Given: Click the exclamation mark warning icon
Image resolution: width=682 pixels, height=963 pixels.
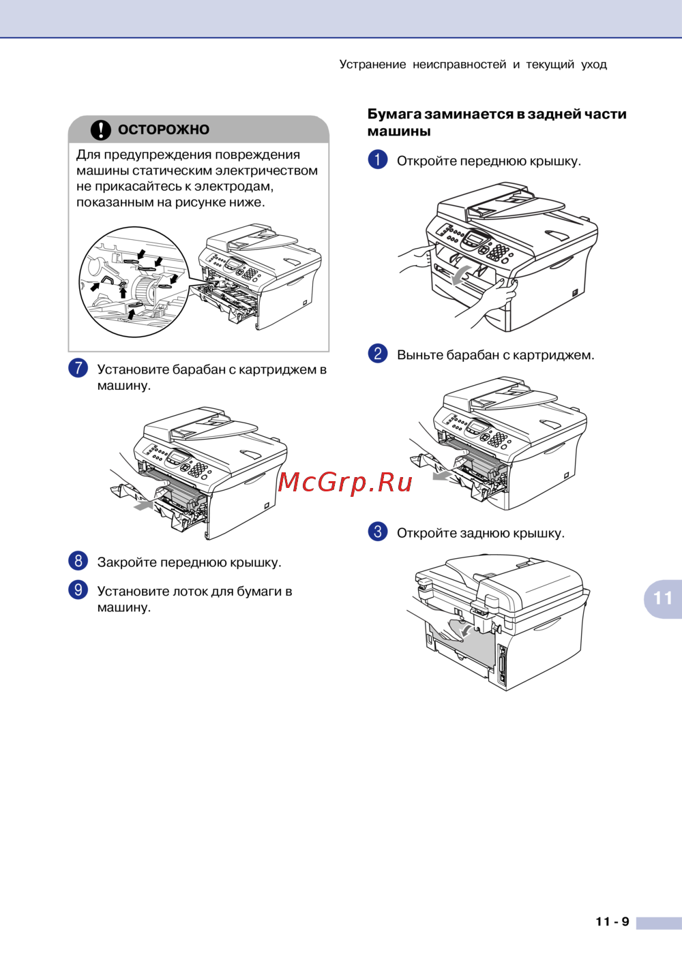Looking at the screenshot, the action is pyautogui.click(x=101, y=129).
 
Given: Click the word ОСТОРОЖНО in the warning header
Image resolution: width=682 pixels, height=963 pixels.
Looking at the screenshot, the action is pyautogui.click(x=164, y=129).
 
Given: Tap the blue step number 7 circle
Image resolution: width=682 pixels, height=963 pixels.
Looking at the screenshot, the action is pyautogui.click(x=78, y=369).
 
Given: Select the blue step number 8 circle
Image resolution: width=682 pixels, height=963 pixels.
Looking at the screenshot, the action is pyautogui.click(x=78, y=561).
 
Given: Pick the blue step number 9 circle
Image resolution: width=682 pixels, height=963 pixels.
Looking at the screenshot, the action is pyautogui.click(x=78, y=590).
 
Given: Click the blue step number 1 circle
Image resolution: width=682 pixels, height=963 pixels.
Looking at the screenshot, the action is pyautogui.click(x=378, y=159).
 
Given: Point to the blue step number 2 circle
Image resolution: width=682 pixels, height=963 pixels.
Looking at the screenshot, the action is pyautogui.click(x=378, y=354).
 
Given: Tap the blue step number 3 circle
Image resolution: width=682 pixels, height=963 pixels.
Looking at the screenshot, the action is pyautogui.click(x=378, y=532).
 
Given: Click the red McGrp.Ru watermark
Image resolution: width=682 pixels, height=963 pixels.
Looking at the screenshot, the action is pyautogui.click(x=345, y=483).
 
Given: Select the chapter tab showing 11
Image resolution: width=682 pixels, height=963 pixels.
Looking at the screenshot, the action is pyautogui.click(x=663, y=598).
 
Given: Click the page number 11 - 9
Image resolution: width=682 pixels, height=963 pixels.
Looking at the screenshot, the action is pyautogui.click(x=612, y=921).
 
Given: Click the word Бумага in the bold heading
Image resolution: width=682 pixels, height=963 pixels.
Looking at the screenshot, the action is pyautogui.click(x=392, y=114).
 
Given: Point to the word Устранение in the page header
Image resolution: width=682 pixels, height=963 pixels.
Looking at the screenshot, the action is pyautogui.click(x=372, y=65).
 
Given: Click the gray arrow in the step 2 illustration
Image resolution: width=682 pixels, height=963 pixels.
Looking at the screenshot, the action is pyautogui.click(x=443, y=475).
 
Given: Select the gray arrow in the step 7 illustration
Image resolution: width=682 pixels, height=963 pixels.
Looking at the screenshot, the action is pyautogui.click(x=143, y=505).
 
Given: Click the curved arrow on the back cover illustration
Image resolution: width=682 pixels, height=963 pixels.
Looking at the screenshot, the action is pyautogui.click(x=466, y=630).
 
